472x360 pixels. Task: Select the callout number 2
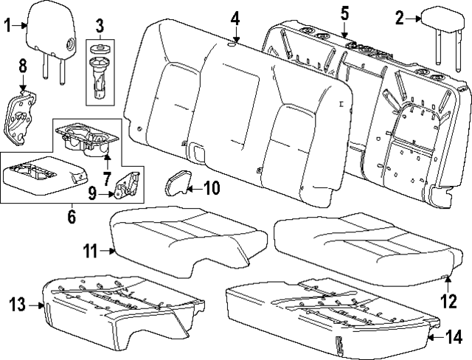[399, 18]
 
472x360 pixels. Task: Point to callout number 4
[235, 18]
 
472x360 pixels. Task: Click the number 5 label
[344, 13]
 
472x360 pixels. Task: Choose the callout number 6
[72, 216]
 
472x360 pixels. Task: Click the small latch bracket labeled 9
[128, 184]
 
